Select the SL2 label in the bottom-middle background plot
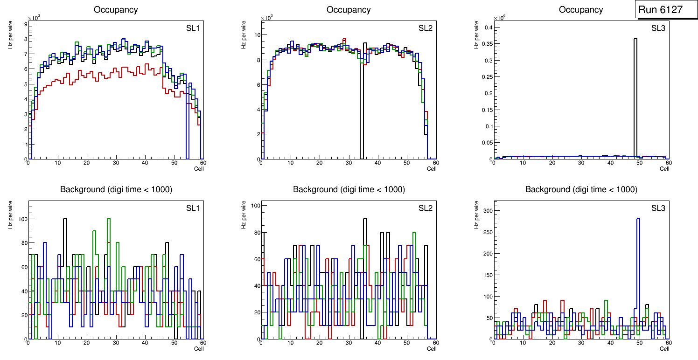click(425, 208)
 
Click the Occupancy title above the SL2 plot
click(349, 10)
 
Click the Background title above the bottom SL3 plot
click(581, 189)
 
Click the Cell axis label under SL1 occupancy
click(199, 168)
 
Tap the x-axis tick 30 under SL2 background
click(348, 343)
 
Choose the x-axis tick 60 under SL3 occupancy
click(668, 163)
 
